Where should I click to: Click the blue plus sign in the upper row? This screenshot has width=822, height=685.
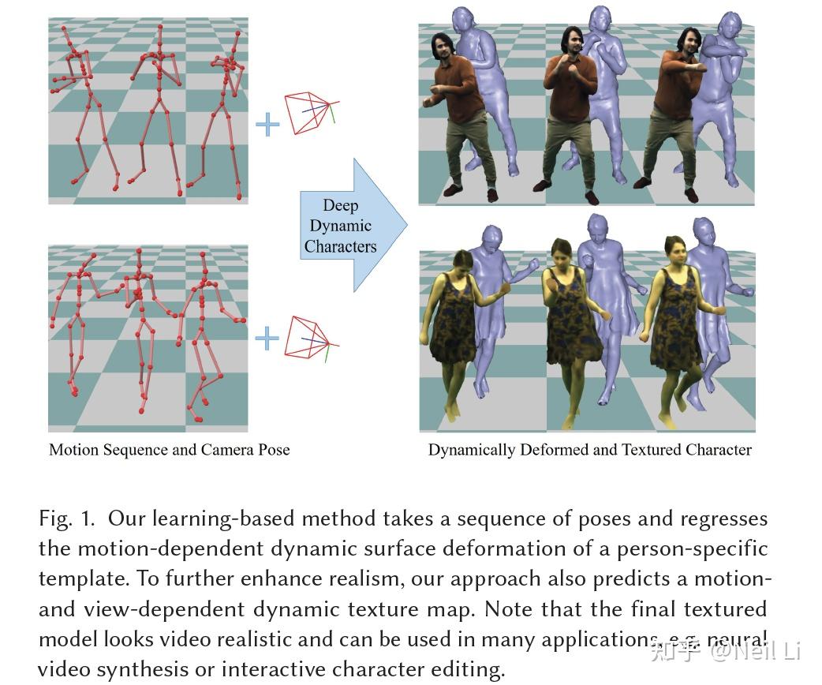coord(267,124)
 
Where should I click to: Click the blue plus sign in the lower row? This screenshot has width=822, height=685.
coord(267,339)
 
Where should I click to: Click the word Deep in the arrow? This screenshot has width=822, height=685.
coord(340,205)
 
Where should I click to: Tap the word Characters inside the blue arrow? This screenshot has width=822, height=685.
coord(340,246)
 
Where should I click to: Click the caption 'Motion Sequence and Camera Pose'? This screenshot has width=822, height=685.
coord(169,450)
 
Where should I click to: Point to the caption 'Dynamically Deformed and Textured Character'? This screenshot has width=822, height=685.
coord(589,450)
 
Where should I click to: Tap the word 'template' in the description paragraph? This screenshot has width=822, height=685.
coord(84,578)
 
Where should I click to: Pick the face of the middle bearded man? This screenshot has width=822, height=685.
coord(573,43)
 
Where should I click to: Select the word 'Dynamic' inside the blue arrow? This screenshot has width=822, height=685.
coord(340,226)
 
